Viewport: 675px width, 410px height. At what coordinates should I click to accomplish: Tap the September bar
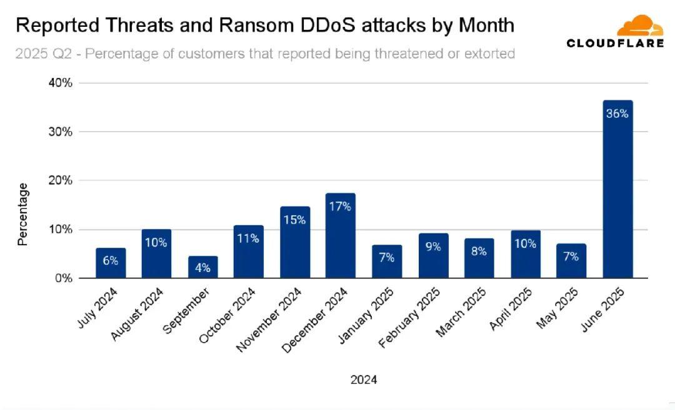[202, 267]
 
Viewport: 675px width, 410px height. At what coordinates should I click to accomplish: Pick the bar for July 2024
[111, 263]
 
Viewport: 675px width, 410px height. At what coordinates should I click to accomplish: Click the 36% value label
[617, 114]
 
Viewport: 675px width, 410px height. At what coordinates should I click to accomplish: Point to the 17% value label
[341, 207]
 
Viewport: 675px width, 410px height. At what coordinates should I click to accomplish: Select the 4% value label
[202, 268]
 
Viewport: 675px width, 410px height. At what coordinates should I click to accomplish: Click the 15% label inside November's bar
[294, 220]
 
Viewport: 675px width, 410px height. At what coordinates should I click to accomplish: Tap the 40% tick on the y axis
[61, 83]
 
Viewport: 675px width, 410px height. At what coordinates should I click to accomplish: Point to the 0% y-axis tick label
[63, 278]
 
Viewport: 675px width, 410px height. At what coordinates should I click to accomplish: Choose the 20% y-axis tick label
[61, 180]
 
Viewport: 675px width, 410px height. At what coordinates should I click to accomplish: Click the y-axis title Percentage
[23, 214]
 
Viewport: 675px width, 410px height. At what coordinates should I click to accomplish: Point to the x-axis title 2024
[364, 379]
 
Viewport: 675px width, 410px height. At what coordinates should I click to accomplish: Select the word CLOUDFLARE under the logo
[615, 43]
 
